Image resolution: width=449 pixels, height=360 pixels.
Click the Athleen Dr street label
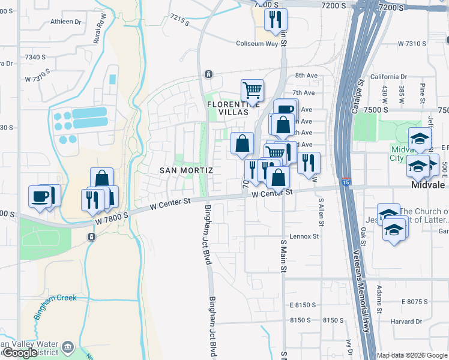[x=66, y=22]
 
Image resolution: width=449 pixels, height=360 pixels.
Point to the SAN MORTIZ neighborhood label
[x=186, y=170]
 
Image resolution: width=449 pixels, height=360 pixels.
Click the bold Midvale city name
[x=429, y=185]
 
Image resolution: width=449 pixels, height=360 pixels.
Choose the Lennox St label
[x=304, y=236]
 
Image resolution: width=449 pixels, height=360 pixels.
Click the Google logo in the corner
[x=20, y=353]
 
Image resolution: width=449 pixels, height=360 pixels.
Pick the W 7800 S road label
[x=111, y=221]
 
